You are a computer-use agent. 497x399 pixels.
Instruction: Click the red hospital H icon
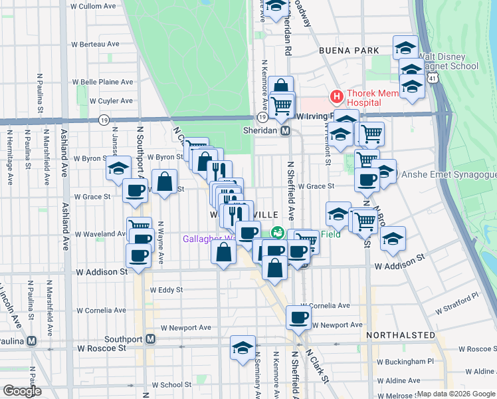coord(337,97)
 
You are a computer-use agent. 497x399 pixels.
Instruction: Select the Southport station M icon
coord(151,339)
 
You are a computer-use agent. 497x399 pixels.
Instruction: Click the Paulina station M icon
coord(31,340)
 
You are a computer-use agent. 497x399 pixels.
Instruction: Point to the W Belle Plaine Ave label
coord(103,82)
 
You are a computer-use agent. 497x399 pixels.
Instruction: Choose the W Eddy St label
coord(166,290)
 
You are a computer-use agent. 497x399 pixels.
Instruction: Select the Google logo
coord(22,391)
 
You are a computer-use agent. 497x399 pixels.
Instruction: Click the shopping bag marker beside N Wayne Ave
coord(164,181)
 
